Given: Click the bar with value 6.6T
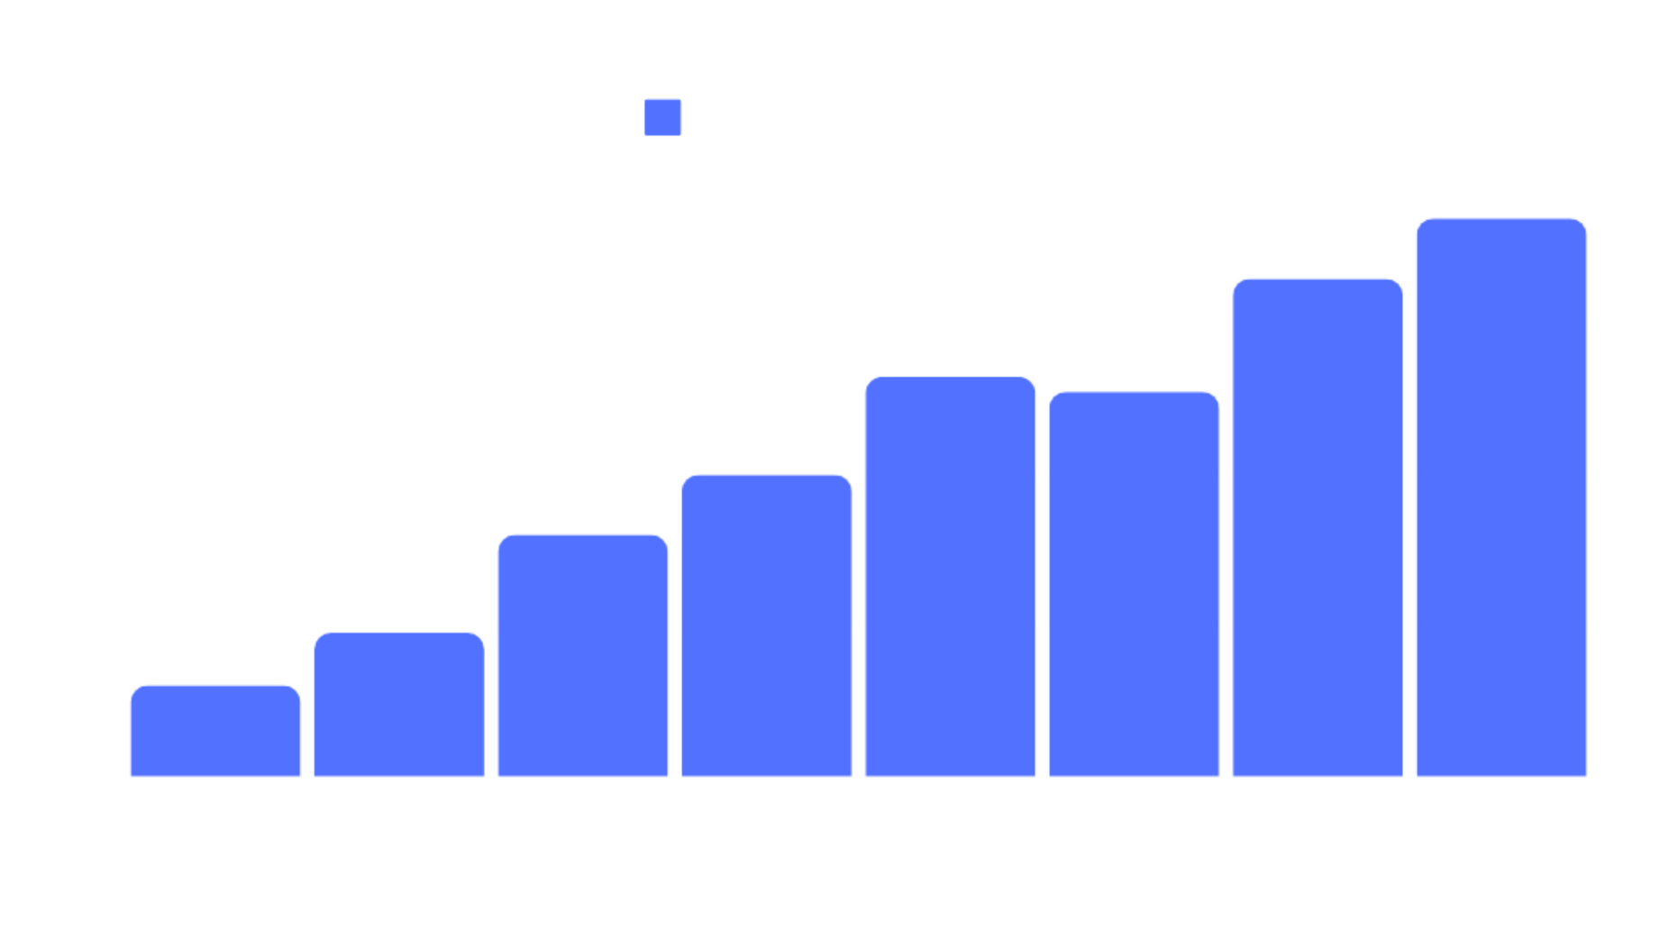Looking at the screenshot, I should pyautogui.click(x=1317, y=526).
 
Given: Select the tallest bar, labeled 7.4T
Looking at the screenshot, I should pyautogui.click(x=1500, y=497).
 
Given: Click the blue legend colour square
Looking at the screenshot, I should pyautogui.click(x=662, y=117).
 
